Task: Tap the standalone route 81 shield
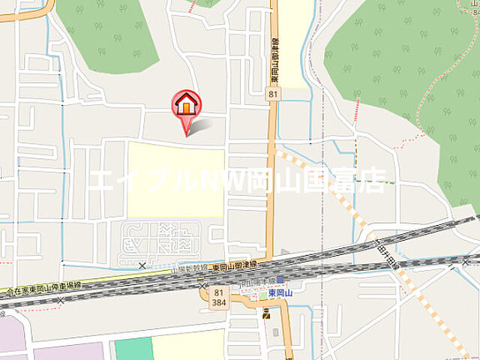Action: [274, 92]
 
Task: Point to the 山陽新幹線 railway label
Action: [187, 267]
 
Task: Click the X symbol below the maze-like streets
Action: [142, 265]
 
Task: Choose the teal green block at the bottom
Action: [133, 349]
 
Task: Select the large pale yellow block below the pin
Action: [176, 179]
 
